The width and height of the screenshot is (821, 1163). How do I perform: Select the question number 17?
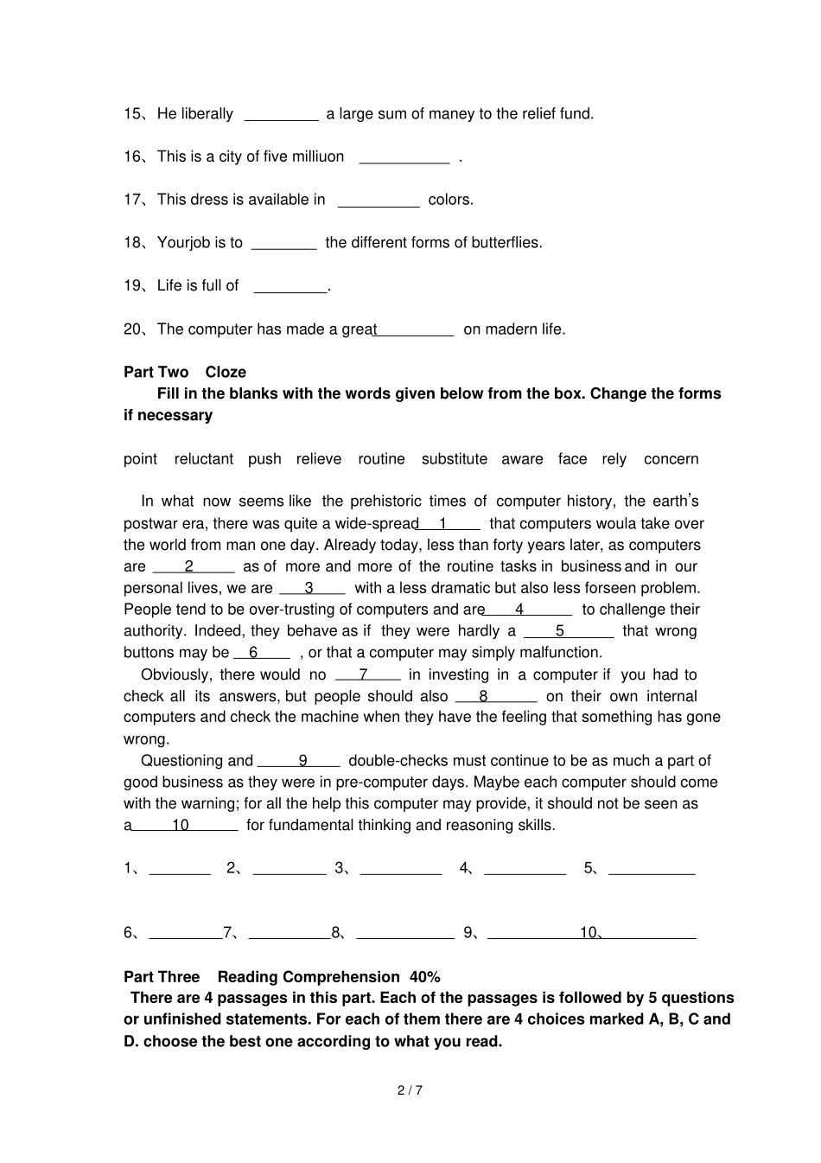point(134,200)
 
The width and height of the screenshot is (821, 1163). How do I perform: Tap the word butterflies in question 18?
point(505,243)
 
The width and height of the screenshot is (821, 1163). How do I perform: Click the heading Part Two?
point(156,373)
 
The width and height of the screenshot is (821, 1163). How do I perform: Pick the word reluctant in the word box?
point(203,459)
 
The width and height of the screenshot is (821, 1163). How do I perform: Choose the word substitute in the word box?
point(454,459)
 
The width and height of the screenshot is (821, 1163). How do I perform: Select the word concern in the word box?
point(671,459)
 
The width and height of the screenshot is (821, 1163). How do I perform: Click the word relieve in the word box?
point(318,459)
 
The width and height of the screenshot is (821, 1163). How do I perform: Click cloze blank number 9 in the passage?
point(300,762)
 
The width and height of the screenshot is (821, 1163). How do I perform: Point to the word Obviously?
point(175,675)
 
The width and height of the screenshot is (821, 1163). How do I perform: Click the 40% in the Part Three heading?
point(424,977)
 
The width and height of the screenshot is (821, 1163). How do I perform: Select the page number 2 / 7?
point(410,1090)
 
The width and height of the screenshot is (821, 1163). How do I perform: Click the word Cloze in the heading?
point(226,373)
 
